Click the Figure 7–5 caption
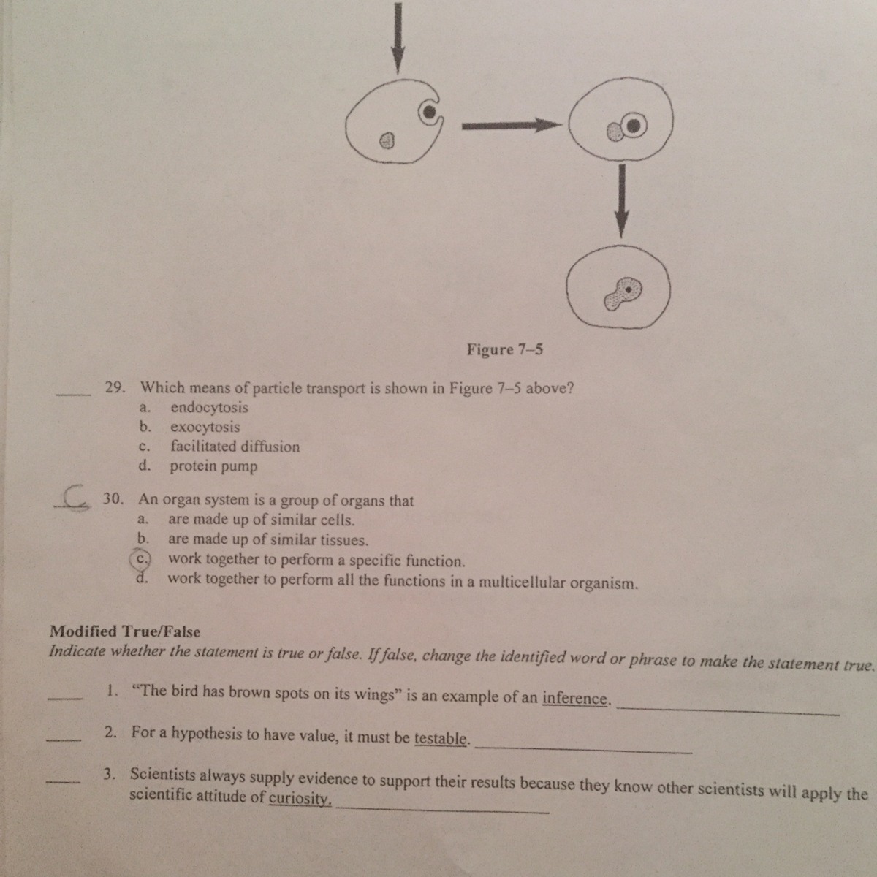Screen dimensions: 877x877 click(x=504, y=349)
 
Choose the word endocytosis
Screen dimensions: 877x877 click(x=209, y=408)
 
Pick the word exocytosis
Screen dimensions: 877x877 click(x=205, y=427)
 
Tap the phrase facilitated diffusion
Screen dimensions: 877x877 click(x=235, y=447)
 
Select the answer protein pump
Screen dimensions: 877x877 click(x=213, y=466)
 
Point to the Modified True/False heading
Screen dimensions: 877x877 click(x=124, y=631)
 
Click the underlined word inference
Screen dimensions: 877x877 click(x=575, y=699)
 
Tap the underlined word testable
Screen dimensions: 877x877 click(x=441, y=739)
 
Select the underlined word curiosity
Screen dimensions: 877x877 click(x=300, y=797)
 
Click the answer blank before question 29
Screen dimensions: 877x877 click(x=73, y=395)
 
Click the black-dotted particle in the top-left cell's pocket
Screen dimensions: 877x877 click(x=430, y=112)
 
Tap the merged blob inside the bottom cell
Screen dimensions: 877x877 click(x=623, y=292)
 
